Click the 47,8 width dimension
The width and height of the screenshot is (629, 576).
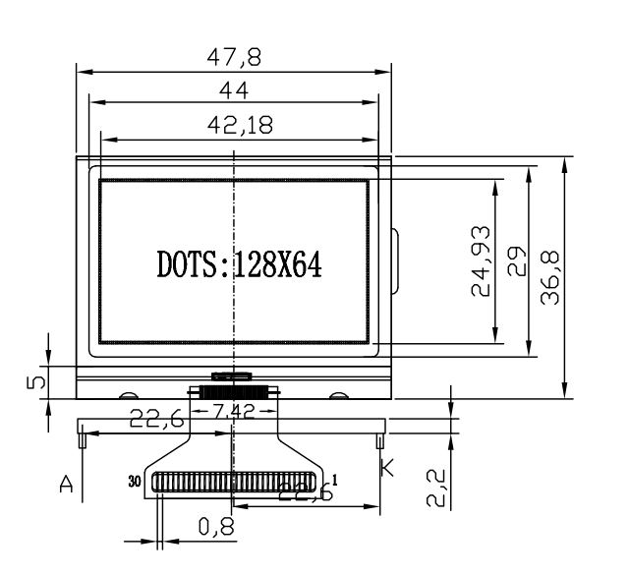point(234,57)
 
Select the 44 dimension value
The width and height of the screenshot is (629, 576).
point(234,90)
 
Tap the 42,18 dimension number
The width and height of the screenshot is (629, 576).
point(240,125)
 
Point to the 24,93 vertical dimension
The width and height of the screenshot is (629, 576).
point(481,261)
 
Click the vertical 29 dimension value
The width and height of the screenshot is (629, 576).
point(516,261)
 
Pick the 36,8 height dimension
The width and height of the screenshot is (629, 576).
point(549,277)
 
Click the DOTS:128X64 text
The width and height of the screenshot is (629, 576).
point(239,264)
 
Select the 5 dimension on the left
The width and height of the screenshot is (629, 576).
point(35,381)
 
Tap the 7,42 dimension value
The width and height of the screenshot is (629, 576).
point(233,411)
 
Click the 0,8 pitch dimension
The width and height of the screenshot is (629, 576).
point(216,526)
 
